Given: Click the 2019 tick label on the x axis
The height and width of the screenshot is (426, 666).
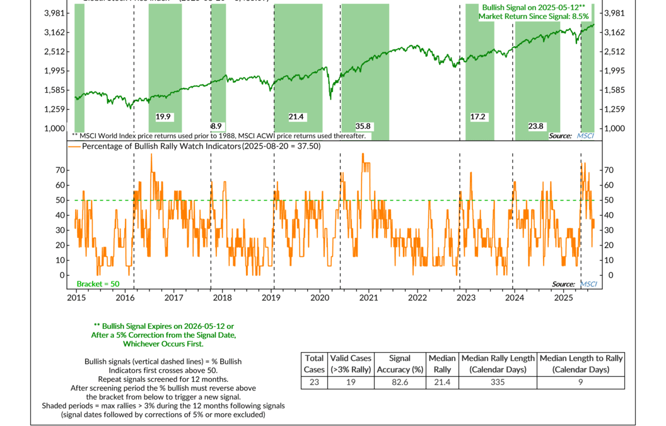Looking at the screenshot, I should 271,297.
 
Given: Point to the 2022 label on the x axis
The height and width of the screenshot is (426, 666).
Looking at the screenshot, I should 417,297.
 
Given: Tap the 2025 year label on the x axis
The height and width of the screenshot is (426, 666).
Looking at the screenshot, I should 563,297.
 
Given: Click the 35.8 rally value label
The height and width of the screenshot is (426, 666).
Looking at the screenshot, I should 363,126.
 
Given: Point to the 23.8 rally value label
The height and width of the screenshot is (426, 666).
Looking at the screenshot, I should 536,126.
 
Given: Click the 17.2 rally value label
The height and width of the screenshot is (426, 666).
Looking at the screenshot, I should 479,117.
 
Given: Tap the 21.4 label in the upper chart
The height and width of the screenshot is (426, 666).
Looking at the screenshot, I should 296,117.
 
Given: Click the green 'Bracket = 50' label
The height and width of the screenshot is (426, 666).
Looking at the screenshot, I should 98,284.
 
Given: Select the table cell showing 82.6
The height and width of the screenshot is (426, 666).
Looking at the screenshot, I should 400,382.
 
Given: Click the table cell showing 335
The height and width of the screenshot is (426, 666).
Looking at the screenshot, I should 498,382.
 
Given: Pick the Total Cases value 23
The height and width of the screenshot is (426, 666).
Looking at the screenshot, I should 313,382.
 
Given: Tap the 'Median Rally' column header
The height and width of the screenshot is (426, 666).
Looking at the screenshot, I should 443,364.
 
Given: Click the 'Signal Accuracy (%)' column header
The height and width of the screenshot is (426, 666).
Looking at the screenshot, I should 400,364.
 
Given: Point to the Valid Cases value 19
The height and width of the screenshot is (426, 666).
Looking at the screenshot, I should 351,382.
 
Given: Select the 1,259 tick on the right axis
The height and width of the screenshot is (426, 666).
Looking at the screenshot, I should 615,109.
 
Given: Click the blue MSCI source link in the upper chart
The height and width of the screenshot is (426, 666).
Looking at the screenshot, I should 586,136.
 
